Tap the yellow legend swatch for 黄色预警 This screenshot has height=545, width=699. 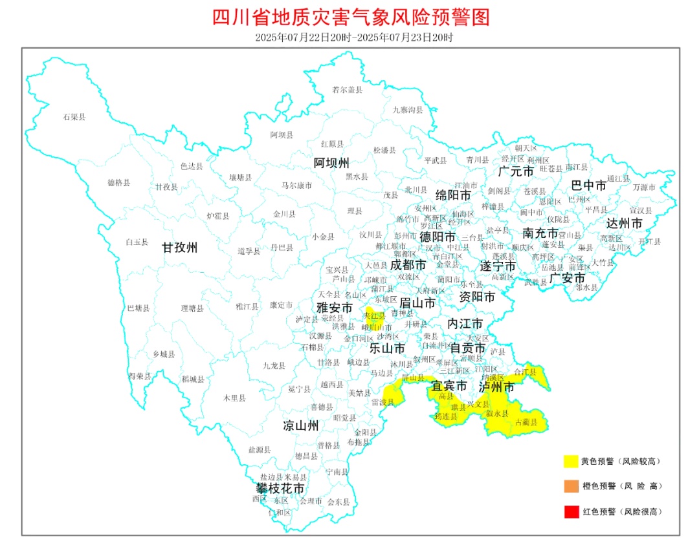[x=570, y=461]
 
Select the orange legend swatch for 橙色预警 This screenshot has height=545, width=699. [x=570, y=486]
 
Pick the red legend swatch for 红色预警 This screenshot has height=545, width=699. [x=570, y=511]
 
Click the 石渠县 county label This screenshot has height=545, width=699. [x=74, y=117]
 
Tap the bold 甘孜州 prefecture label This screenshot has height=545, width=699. [x=179, y=247]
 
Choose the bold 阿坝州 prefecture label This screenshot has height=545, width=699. [x=331, y=162]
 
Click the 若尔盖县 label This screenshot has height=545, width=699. [x=348, y=90]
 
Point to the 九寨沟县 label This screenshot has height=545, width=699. [x=408, y=110]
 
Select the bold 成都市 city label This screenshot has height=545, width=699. [x=408, y=265]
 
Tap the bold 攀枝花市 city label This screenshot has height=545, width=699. [x=280, y=489]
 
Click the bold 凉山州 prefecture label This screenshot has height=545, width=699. [x=300, y=425]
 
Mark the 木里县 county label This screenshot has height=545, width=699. [x=234, y=398]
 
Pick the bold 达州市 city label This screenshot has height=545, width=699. [x=625, y=223]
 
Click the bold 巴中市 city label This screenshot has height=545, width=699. [x=589, y=186]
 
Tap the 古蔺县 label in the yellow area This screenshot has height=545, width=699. [x=525, y=422]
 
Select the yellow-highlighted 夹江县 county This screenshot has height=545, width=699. [x=374, y=315]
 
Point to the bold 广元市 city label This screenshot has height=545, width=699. [x=516, y=171]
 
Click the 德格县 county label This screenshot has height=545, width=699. [x=118, y=183]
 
